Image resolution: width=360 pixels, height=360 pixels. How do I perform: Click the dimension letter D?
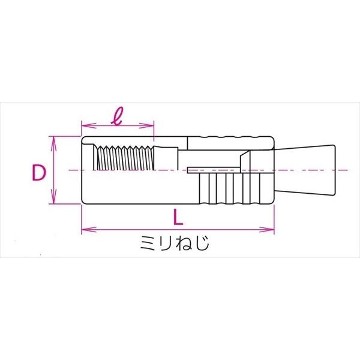click(39, 172)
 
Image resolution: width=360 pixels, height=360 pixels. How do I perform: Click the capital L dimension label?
click(178, 216)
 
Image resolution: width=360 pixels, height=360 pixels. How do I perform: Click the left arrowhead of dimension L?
click(89, 229)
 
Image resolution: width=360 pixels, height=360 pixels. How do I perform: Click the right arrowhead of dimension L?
click(267, 229)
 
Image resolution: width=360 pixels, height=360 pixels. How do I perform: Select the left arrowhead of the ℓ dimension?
click(89, 125)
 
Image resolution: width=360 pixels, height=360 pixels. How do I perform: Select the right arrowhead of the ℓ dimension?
click(146, 125)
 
